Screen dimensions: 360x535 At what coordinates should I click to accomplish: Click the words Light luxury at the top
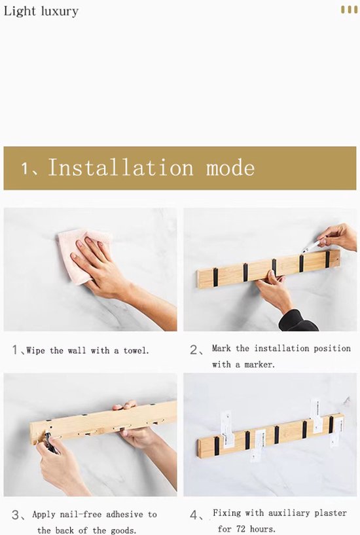pos(41,11)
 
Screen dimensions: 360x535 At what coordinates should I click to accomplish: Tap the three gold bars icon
pos(349,9)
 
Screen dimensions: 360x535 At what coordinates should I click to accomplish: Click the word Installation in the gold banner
pos(120,167)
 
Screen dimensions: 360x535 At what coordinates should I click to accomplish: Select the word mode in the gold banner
pos(230,168)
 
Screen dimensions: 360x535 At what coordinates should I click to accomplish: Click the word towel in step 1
pos(136,350)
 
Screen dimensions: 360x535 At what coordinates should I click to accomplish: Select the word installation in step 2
pos(281,348)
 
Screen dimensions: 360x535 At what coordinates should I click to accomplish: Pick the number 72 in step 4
pos(241,529)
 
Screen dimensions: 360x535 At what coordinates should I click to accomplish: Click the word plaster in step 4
pos(331,513)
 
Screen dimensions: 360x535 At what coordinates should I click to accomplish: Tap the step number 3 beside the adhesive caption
pos(16,515)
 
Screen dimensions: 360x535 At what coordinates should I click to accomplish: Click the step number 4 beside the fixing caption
pos(194,515)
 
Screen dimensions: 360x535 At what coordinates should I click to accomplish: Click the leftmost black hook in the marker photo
pos(215,277)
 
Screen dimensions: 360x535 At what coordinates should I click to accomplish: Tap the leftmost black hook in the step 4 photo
pos(217,446)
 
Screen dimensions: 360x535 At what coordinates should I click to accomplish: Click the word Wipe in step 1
pos(35,350)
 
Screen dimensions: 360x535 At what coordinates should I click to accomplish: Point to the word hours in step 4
pos(262,529)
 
